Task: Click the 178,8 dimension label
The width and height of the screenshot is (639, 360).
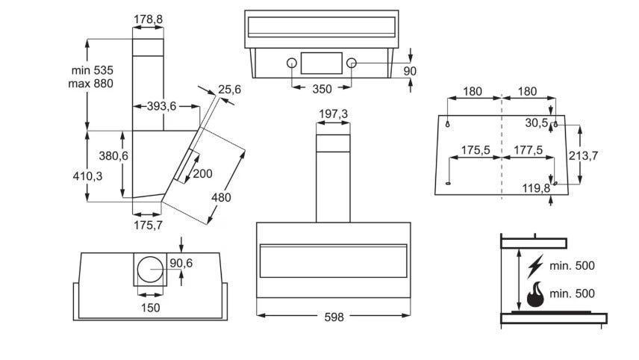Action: tap(149, 19)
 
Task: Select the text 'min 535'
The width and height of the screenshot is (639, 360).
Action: tap(92, 70)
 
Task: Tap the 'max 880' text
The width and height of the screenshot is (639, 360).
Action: tap(90, 84)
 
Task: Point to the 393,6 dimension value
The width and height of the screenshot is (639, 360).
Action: tap(161, 106)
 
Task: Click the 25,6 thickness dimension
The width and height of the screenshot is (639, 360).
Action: tap(229, 90)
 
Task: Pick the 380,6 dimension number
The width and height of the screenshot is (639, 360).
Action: tap(113, 156)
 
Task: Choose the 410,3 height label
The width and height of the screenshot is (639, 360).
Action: tap(87, 176)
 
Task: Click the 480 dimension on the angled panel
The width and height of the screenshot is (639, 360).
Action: tap(221, 198)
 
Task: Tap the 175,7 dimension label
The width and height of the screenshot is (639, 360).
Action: tap(148, 225)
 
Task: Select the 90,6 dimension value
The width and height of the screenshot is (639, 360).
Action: tap(181, 264)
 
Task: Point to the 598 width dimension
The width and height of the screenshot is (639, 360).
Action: tap(334, 317)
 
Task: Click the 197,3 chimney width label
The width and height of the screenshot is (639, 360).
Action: tap(334, 114)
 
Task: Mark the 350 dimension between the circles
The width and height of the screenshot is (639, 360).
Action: tap(322, 89)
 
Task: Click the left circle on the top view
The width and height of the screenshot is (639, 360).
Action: tap(291, 63)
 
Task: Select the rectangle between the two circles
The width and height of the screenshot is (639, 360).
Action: tap(322, 63)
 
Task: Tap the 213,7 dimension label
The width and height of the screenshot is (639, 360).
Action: tap(583, 155)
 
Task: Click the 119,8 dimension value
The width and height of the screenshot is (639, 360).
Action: tap(536, 188)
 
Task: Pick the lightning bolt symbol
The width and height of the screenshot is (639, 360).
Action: tap(535, 267)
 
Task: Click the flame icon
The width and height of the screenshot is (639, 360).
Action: tap(535, 294)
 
